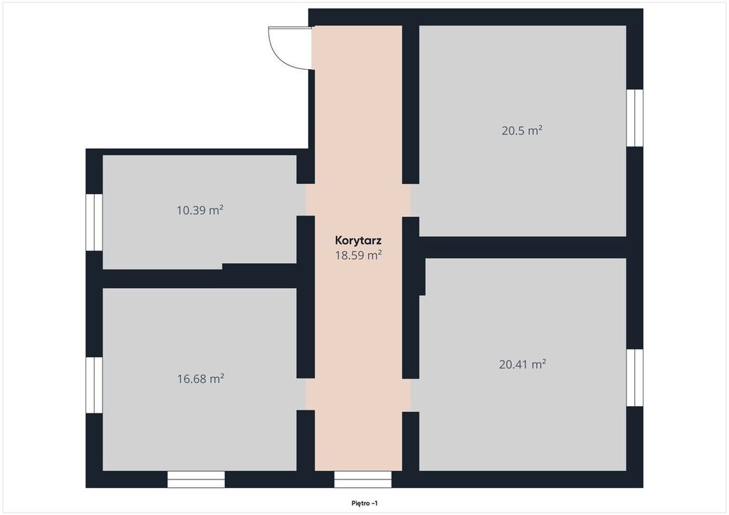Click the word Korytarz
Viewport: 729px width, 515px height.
point(358,240)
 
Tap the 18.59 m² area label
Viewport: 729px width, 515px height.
point(359,255)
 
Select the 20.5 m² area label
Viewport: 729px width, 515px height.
point(522,130)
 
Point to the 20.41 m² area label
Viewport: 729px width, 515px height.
point(522,364)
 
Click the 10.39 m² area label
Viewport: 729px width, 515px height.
point(200,211)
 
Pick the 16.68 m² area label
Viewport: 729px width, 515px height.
point(200,379)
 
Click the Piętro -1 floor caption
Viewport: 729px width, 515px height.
point(364,504)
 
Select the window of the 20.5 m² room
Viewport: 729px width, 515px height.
point(634,117)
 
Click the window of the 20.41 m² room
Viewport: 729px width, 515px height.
point(634,378)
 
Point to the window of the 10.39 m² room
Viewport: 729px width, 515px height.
point(94,223)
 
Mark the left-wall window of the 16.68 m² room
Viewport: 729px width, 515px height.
point(94,385)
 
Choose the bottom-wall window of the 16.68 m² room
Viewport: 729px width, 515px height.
point(196,479)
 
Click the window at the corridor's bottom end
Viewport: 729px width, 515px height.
point(362,479)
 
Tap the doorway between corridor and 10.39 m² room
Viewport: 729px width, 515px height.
point(305,200)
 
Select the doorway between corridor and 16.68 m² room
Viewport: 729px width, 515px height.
point(305,394)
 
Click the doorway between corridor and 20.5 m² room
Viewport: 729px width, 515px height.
point(411,201)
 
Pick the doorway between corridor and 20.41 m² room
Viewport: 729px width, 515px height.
point(411,395)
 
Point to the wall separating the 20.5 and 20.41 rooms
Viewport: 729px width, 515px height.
point(523,248)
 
